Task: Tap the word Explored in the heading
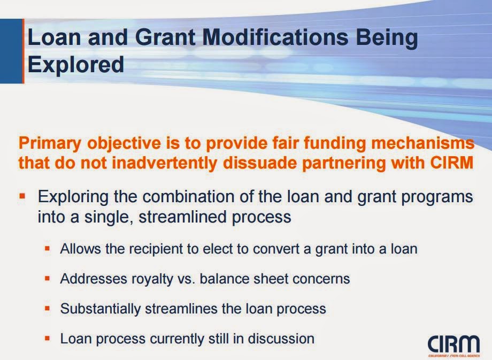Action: click(x=76, y=65)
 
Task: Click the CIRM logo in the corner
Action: click(x=453, y=346)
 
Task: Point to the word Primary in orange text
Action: click(x=50, y=143)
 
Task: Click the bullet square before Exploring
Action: click(x=22, y=196)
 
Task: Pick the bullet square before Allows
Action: click(x=48, y=249)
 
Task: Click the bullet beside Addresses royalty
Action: click(x=48, y=278)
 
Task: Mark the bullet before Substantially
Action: click(x=48, y=308)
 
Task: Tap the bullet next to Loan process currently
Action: click(x=48, y=338)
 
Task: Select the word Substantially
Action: click(x=101, y=309)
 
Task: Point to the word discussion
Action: click(x=281, y=339)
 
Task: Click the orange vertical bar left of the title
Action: click(x=23, y=51)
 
